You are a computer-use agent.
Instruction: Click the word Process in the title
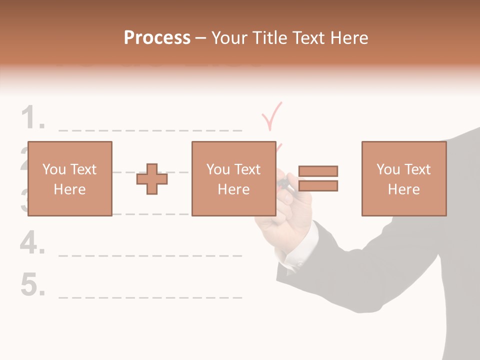157,37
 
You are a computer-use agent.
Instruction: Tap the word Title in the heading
269,37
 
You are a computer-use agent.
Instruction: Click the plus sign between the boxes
152,179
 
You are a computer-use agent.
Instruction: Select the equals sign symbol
318,178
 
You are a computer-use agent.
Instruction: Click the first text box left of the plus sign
69,178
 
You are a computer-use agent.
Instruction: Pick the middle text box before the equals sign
233,178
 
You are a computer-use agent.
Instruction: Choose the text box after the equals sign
403,178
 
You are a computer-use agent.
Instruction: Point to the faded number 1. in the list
33,119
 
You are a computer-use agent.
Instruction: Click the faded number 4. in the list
33,243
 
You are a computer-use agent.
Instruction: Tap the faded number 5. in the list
33,285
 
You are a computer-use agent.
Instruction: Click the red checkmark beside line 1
272,115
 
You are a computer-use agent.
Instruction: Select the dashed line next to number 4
150,255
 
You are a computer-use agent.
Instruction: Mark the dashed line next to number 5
150,297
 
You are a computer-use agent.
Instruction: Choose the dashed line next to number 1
150,130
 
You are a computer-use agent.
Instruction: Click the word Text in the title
308,37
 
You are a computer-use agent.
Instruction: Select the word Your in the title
230,37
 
